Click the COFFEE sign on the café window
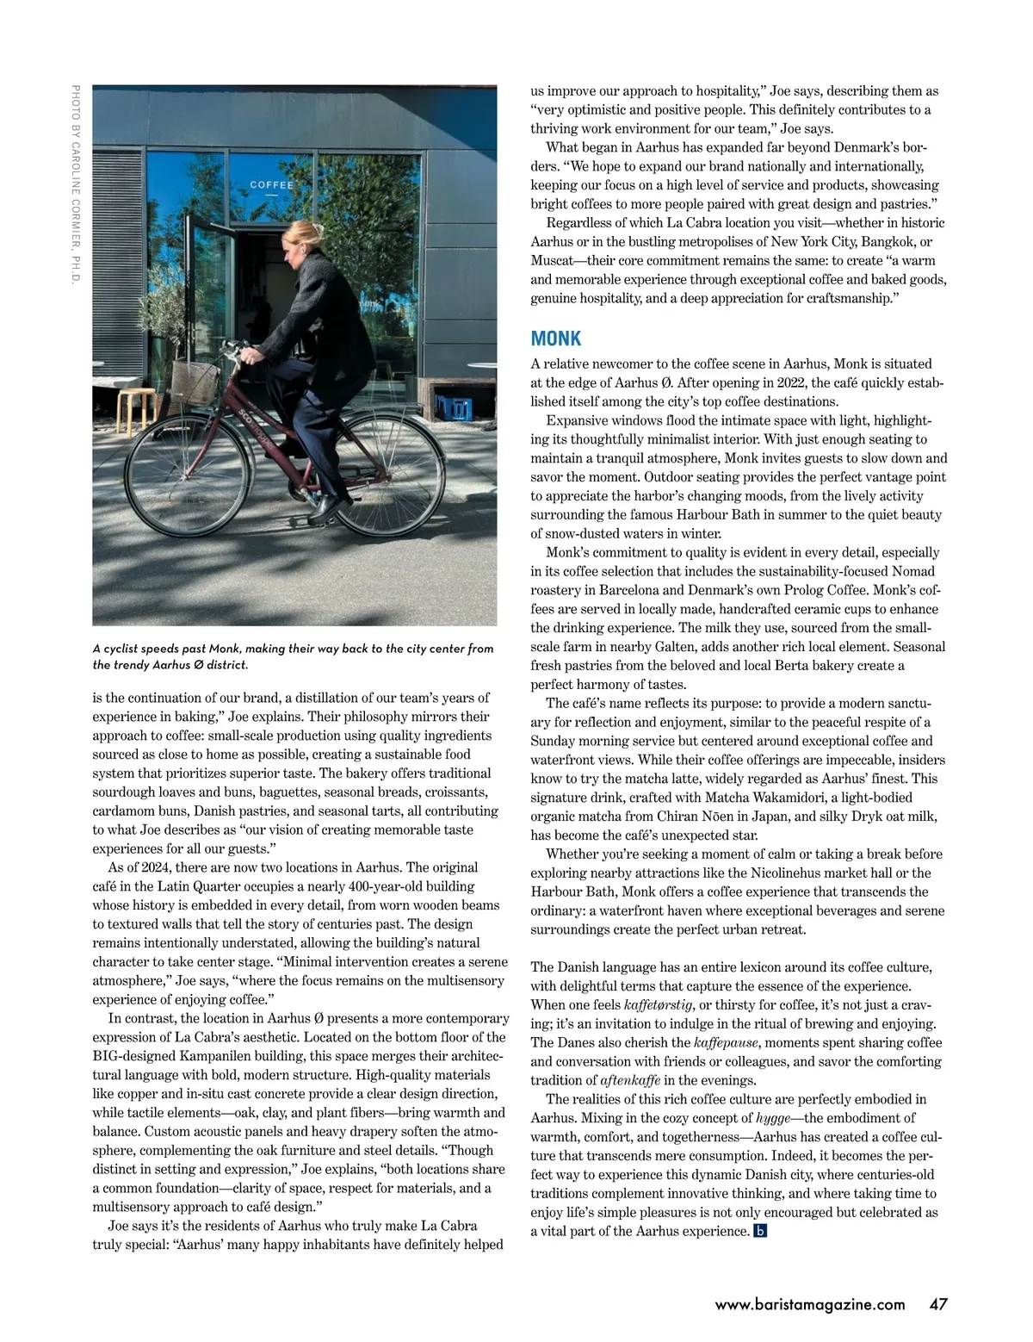(x=271, y=185)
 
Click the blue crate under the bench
(x=455, y=406)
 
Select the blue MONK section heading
(x=555, y=339)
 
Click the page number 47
(x=938, y=1304)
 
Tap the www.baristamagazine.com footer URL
(x=810, y=1305)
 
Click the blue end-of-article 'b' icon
(x=759, y=1231)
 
